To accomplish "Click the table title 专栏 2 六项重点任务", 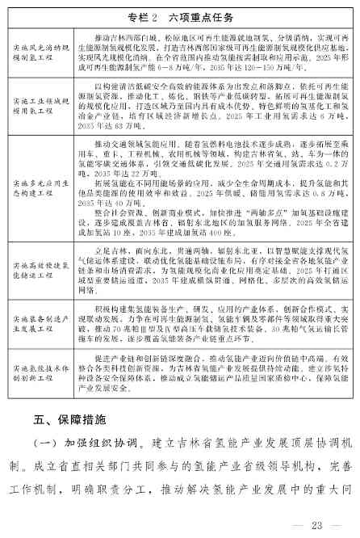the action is click(x=179, y=16).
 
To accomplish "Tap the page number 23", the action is click(x=310, y=523).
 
